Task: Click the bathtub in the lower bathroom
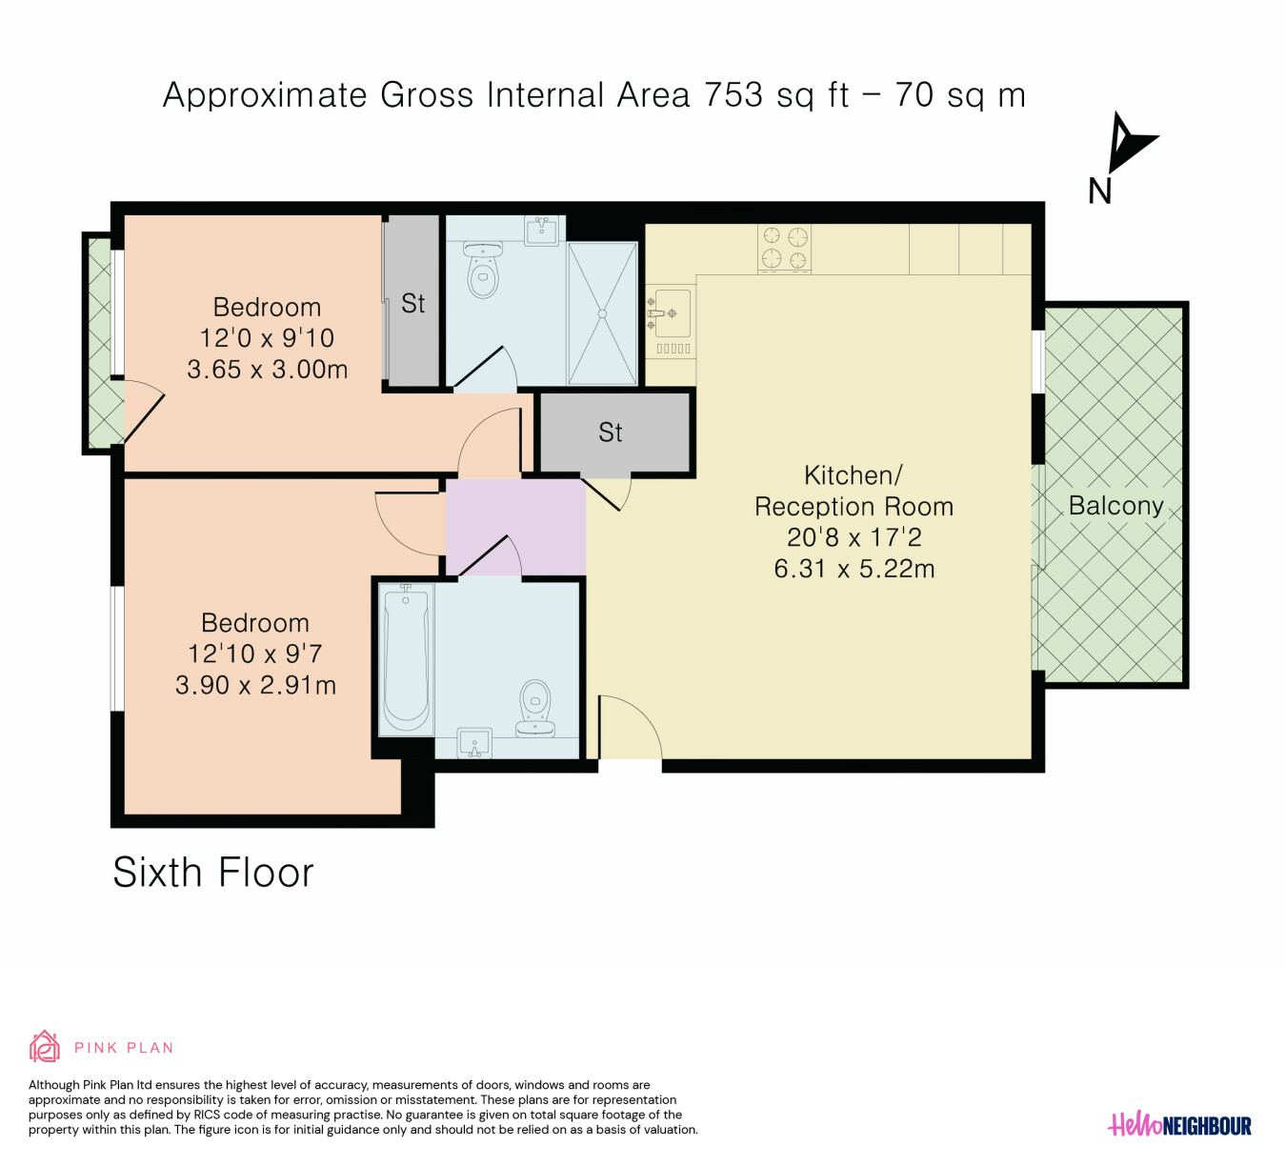pyautogui.click(x=407, y=659)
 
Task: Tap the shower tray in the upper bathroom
pyautogui.click(x=602, y=313)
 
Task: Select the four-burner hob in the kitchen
pyautogui.click(x=784, y=249)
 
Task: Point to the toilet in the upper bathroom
pyautogui.click(x=483, y=270)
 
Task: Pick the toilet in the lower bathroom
pyautogui.click(x=535, y=708)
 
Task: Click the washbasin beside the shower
pyautogui.click(x=542, y=231)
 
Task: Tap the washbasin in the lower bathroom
pyautogui.click(x=474, y=743)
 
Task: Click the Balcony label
pyautogui.click(x=1115, y=506)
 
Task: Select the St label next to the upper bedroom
pyautogui.click(x=412, y=303)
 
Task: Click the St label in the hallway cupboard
pyautogui.click(x=611, y=432)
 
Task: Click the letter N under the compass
pyautogui.click(x=1099, y=191)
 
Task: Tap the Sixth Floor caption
pyautogui.click(x=213, y=873)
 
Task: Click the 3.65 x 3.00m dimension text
pyautogui.click(x=268, y=370)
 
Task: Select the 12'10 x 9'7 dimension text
pyautogui.click(x=255, y=653)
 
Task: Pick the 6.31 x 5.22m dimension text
pyautogui.click(x=854, y=569)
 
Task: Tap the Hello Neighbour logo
pyautogui.click(x=1179, y=1125)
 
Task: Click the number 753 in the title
pyautogui.click(x=734, y=95)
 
